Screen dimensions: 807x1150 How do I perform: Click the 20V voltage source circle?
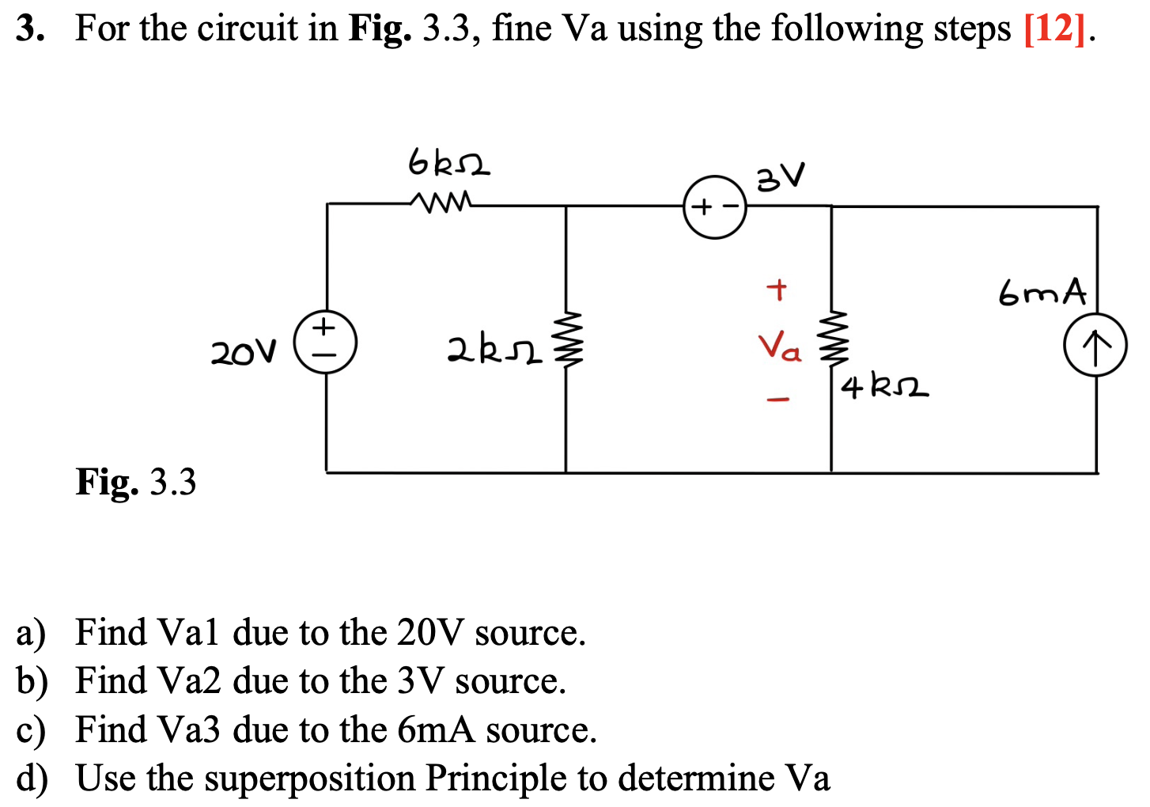325,343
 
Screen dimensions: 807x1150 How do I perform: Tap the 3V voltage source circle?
715,207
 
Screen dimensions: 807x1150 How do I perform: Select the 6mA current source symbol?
1095,345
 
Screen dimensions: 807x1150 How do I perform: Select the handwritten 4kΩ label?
884,388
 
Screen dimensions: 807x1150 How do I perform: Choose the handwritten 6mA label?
1042,293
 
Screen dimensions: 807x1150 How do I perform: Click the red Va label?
779,347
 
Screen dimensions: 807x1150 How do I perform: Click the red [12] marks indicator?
1054,29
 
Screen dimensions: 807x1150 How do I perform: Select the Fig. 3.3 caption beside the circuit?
135,481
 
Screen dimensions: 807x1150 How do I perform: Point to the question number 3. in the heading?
30,29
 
